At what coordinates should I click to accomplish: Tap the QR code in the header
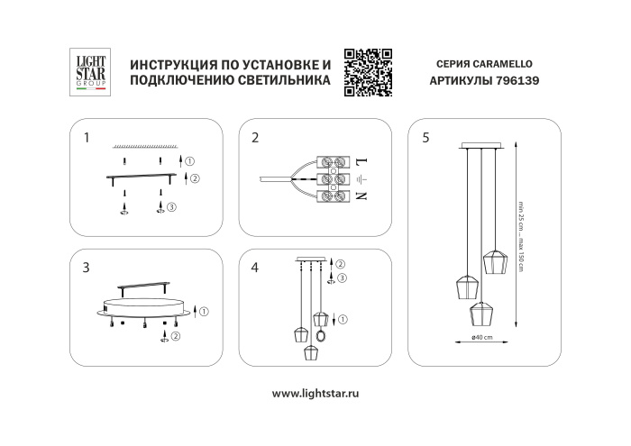(x=370, y=71)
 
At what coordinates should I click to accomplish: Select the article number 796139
(x=518, y=80)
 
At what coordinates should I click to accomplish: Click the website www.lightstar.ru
(x=315, y=394)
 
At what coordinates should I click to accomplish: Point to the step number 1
(x=86, y=138)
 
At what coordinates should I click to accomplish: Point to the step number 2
(x=256, y=138)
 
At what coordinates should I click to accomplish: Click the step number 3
(x=86, y=268)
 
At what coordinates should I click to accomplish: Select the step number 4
(x=256, y=268)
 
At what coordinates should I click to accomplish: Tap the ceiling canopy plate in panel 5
(x=483, y=144)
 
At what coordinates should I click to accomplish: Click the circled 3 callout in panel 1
(x=171, y=207)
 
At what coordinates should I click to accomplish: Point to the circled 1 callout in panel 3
(x=204, y=312)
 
